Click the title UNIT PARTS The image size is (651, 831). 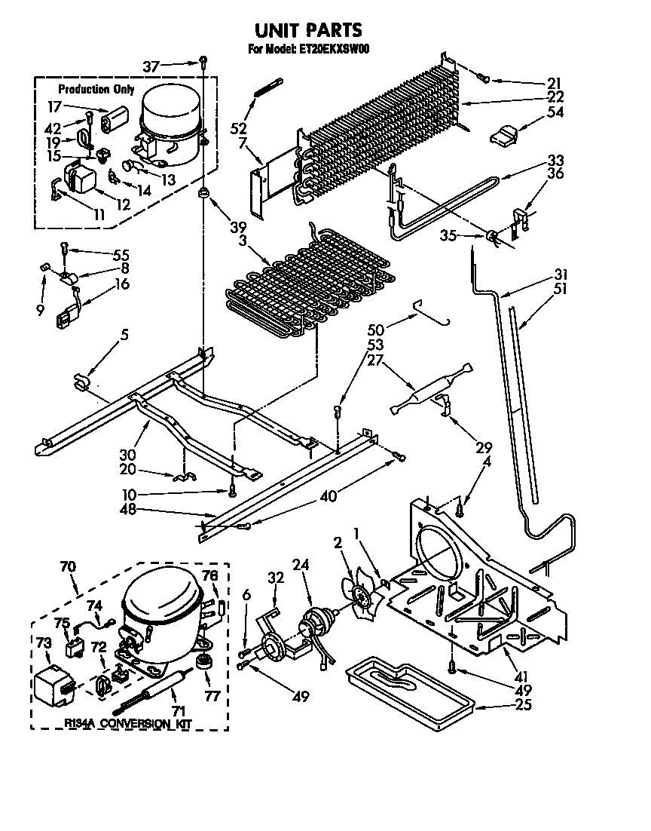point(307,29)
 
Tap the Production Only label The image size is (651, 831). point(96,90)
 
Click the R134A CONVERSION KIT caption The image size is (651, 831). point(128,723)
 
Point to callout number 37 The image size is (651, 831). point(151,66)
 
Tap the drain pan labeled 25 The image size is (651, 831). point(407,687)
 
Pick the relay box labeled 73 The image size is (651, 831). point(53,685)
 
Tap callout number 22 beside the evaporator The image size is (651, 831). point(555,97)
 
